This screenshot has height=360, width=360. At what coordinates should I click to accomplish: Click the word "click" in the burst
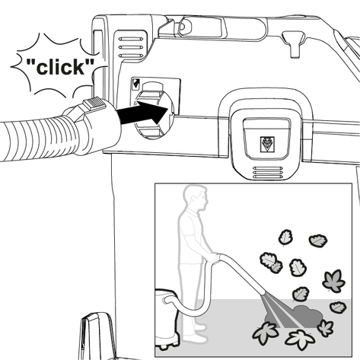click(x=60, y=67)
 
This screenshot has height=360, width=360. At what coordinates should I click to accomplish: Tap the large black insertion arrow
click(x=143, y=113)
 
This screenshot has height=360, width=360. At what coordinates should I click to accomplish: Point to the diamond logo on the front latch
click(x=267, y=145)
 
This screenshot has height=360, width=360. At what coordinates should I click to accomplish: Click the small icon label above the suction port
click(x=135, y=84)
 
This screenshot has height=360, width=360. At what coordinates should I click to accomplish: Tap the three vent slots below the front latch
click(x=267, y=172)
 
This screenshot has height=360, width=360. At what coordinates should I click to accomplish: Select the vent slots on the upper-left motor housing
click(x=131, y=47)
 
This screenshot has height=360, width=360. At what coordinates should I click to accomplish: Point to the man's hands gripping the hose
click(x=214, y=258)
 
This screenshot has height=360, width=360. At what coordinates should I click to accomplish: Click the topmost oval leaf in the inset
click(x=286, y=237)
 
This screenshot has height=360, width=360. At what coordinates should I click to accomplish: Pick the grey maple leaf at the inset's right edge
click(x=333, y=281)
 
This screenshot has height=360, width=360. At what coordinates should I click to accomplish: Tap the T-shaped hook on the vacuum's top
click(x=294, y=43)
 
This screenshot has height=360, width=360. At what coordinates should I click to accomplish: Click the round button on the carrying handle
click(x=183, y=26)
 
